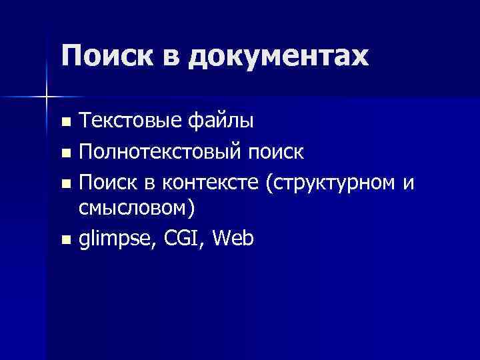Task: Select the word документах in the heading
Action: pyautogui.click(x=277, y=57)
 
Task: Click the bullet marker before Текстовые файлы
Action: pyautogui.click(x=65, y=123)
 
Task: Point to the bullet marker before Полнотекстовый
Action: pyautogui.click(x=65, y=153)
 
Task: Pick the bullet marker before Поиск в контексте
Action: pyautogui.click(x=65, y=183)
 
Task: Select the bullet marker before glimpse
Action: pyautogui.click(x=65, y=239)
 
